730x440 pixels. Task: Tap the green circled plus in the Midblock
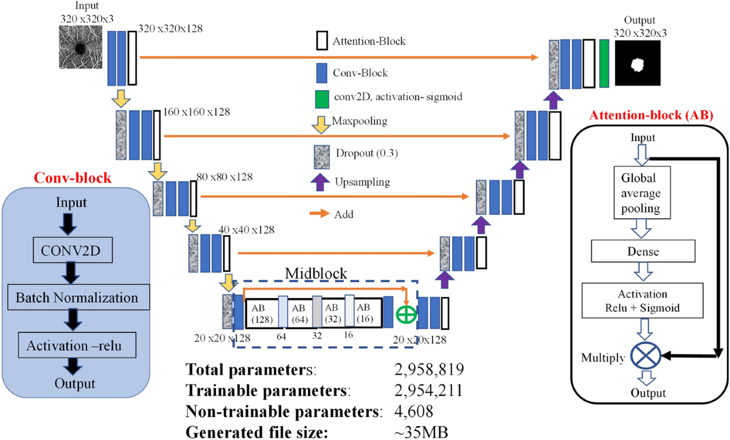coord(405,315)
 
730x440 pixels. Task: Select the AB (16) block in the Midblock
coord(367,313)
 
